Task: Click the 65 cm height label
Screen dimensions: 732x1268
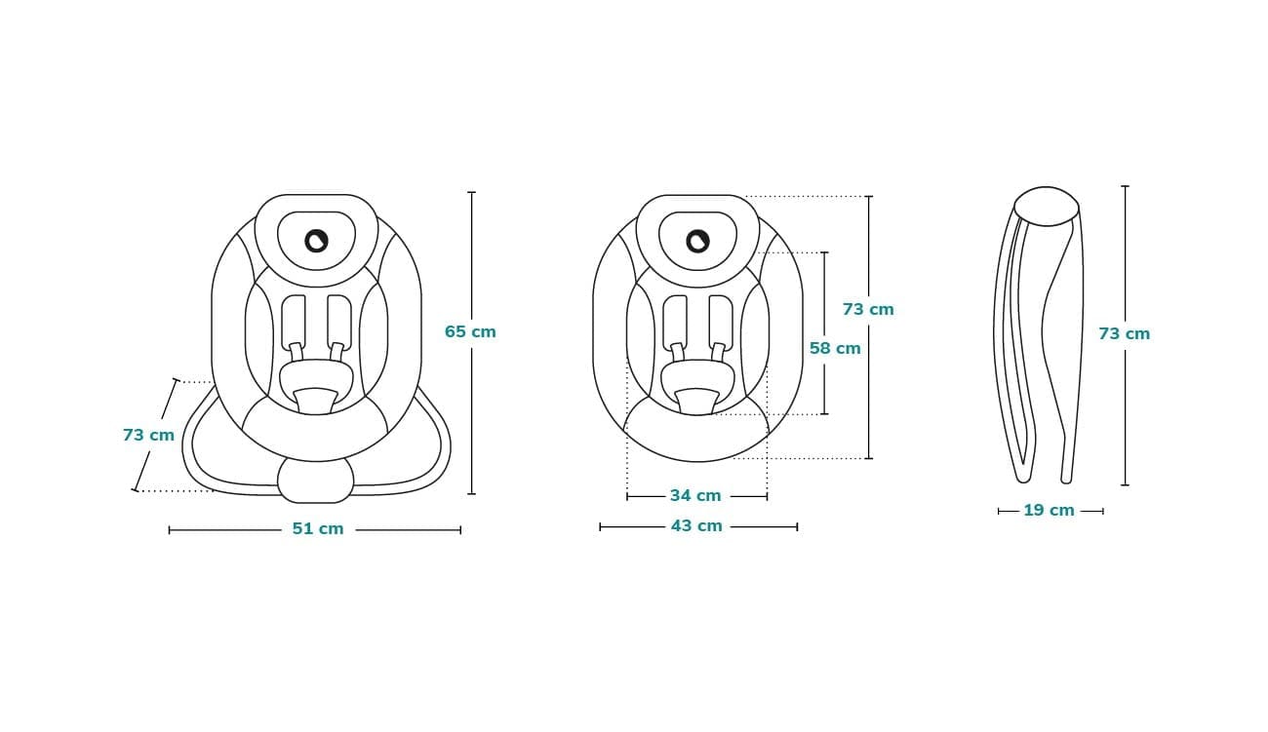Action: click(x=470, y=331)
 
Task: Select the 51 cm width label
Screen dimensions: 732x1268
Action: click(x=318, y=529)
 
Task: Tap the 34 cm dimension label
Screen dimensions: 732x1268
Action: click(x=695, y=496)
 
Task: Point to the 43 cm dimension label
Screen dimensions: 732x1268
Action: click(x=696, y=526)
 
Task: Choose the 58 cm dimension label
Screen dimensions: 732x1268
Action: click(x=835, y=348)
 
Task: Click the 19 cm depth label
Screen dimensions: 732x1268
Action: click(x=1049, y=511)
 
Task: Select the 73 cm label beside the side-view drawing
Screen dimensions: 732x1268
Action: click(x=1124, y=333)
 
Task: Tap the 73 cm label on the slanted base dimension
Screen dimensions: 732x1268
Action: click(x=148, y=435)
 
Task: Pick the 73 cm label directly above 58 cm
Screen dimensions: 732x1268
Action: click(x=868, y=309)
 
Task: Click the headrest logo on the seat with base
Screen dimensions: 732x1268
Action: click(x=316, y=240)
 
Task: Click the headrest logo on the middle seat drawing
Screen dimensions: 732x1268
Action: click(x=697, y=240)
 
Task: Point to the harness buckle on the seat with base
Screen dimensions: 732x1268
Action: click(x=316, y=398)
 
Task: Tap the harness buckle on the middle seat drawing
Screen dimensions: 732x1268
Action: click(x=697, y=398)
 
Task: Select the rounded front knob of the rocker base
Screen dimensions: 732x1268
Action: click(x=315, y=480)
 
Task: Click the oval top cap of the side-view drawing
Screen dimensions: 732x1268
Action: click(x=1046, y=207)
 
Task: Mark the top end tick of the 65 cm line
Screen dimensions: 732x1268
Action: click(x=471, y=192)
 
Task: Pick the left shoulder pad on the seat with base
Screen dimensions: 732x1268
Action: click(x=294, y=321)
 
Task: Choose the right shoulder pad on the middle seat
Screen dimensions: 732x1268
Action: click(x=721, y=321)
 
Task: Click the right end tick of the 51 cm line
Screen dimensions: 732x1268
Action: click(x=460, y=530)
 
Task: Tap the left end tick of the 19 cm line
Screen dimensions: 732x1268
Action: click(x=999, y=511)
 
